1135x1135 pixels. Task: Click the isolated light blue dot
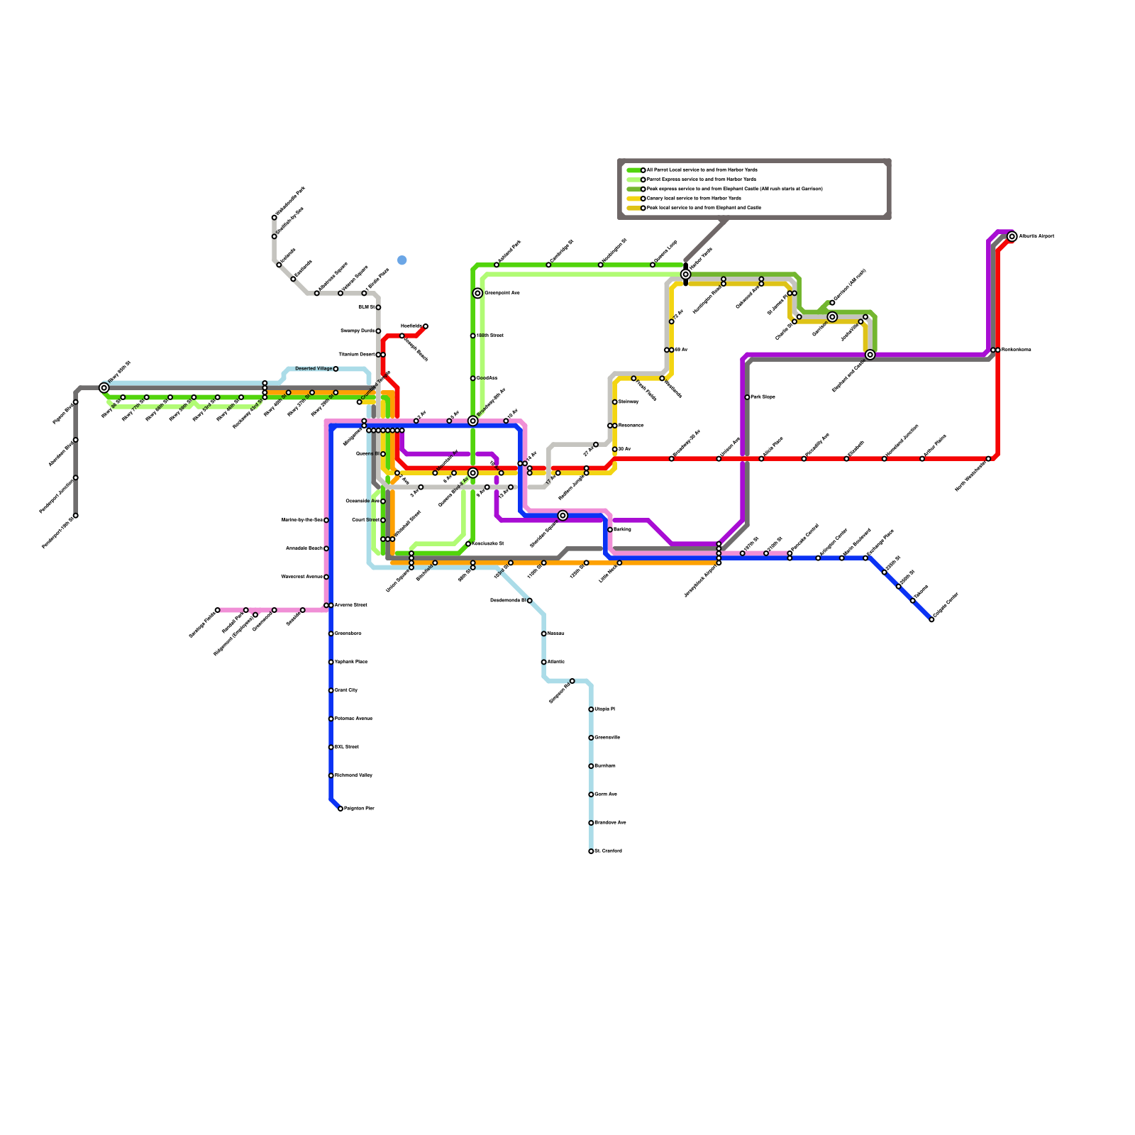402,260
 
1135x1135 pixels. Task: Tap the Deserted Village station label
314,369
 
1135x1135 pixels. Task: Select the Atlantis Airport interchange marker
1012,237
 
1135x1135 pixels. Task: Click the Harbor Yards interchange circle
685,275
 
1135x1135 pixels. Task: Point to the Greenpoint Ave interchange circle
477,293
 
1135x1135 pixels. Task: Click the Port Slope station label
763,397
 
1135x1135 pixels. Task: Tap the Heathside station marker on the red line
425,326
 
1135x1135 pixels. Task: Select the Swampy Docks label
358,331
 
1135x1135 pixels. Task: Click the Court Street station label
365,520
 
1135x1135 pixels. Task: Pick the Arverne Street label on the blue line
350,605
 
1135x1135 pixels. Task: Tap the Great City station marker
331,690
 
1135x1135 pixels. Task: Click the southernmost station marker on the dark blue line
340,809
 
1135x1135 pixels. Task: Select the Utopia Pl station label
604,709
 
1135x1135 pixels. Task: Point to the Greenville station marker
591,738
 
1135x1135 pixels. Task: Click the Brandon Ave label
610,823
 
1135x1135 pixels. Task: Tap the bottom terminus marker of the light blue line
591,851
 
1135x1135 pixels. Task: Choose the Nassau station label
555,633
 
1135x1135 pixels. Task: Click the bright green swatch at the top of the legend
634,170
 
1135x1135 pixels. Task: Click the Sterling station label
622,530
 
